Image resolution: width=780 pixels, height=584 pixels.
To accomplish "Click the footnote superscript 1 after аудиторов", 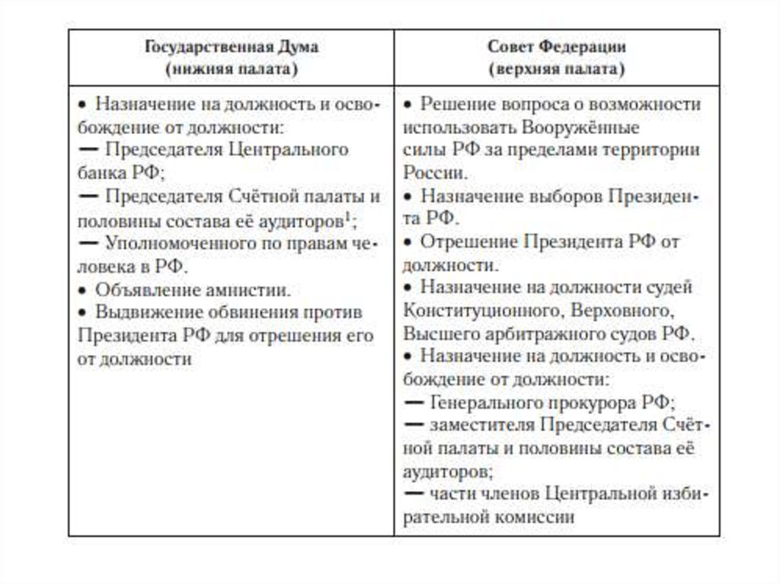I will (347, 216).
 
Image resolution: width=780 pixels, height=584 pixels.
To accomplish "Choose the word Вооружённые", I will (580, 127).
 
